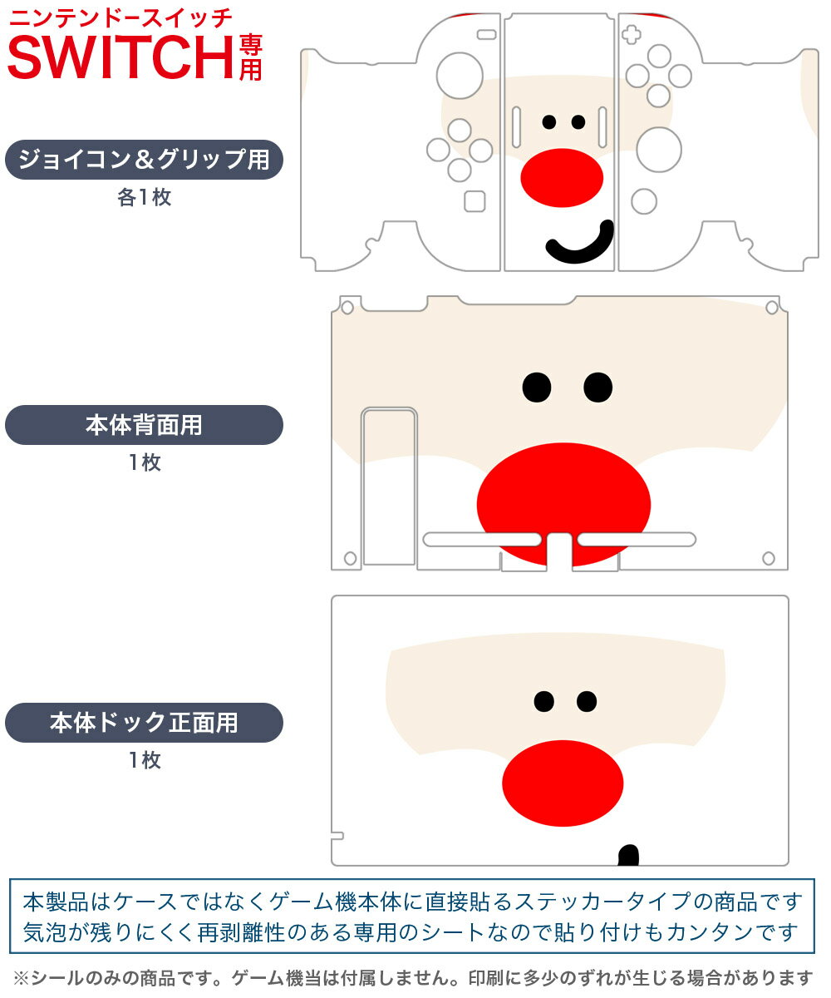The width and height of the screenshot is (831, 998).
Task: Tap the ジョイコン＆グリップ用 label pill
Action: coord(144,160)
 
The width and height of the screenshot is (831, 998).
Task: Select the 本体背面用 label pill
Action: coord(144,425)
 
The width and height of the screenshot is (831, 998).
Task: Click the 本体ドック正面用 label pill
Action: coord(144,723)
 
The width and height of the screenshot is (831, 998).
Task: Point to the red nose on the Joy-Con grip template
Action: coord(561,177)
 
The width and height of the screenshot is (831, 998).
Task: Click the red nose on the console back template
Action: coord(563,504)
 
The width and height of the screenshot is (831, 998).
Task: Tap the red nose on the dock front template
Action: coord(563,783)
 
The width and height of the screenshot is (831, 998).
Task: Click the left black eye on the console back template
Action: coord(537,386)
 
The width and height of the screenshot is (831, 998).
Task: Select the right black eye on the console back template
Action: coord(597,386)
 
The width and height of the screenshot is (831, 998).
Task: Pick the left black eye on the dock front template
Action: coord(543,702)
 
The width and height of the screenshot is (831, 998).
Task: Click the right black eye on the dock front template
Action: coord(587,702)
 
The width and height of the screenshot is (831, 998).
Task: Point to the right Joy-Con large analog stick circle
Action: coord(659,150)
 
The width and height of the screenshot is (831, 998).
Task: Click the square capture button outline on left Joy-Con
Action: coord(475,201)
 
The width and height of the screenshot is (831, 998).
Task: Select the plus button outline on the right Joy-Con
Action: coord(633,35)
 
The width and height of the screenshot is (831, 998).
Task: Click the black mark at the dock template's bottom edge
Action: coord(629,855)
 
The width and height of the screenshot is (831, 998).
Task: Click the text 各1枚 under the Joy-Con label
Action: coord(144,198)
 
